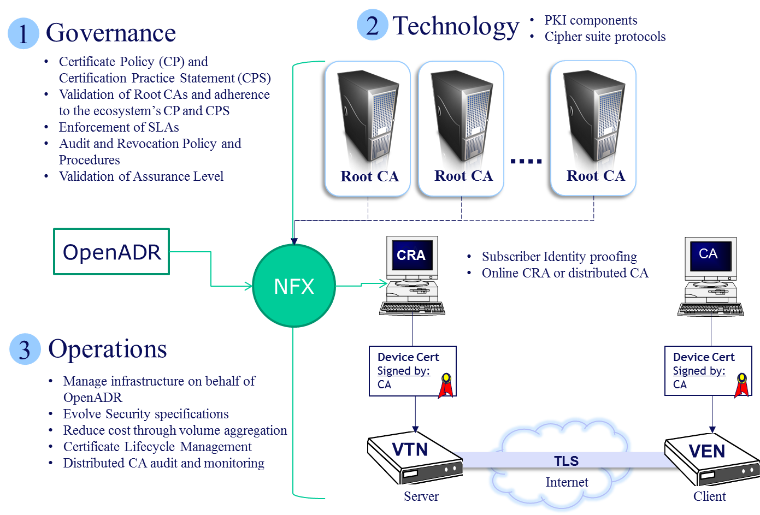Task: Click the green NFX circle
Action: coord(294,286)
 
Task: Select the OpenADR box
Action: coord(111,252)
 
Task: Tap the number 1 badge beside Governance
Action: coord(23,33)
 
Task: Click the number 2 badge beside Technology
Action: coord(372,25)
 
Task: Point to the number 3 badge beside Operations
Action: coord(25,349)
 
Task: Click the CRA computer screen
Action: coord(411,256)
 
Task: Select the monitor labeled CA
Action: coord(709,254)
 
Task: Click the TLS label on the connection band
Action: coord(566,461)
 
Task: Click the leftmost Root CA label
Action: coord(369,176)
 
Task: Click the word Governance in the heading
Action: coord(111,33)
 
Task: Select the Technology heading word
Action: coord(456,26)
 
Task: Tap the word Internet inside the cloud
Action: coord(567,482)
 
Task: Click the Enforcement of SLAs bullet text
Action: coord(119,127)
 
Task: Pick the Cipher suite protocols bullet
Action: coord(605,37)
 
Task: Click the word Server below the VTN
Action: coord(421,496)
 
